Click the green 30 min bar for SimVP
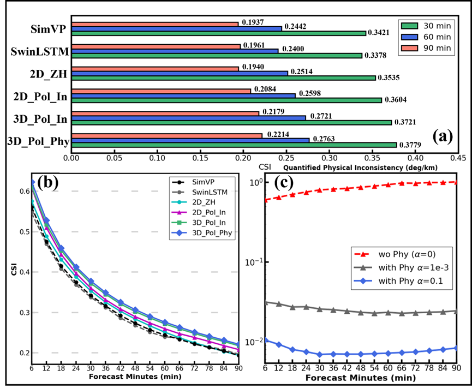pyautogui.click(x=218, y=33)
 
